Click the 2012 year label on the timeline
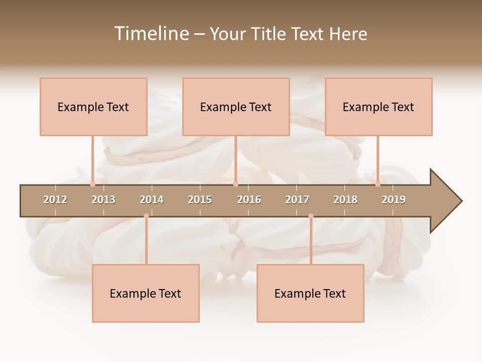55,200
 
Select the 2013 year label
103,200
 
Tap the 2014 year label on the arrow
152,200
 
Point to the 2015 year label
200,200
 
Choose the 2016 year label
249,200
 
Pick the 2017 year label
297,200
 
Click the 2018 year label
345,200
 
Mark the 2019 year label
394,200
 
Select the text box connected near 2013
93,107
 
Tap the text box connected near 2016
236,107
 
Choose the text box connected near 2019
379,107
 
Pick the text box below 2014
146,293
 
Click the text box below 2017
310,293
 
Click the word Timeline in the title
151,34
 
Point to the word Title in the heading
270,34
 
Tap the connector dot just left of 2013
92,184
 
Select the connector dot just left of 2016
235,184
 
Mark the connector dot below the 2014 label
146,216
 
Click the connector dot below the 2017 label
311,216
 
